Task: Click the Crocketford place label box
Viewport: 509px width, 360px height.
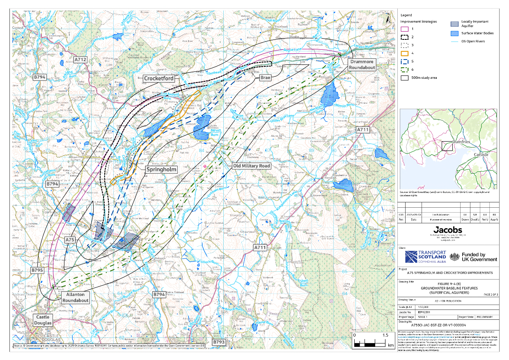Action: [x=158, y=78]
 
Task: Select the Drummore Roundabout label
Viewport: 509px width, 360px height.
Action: [x=362, y=64]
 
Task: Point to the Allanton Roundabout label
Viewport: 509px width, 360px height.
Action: [x=75, y=298]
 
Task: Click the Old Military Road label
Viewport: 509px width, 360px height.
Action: [x=251, y=165]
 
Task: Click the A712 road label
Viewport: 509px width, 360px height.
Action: [x=81, y=60]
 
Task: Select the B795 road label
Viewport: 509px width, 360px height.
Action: [x=37, y=271]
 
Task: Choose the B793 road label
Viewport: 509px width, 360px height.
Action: [x=219, y=342]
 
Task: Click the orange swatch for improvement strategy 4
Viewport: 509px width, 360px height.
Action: [x=404, y=53]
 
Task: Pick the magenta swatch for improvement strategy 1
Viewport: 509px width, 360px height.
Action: [x=404, y=29]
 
